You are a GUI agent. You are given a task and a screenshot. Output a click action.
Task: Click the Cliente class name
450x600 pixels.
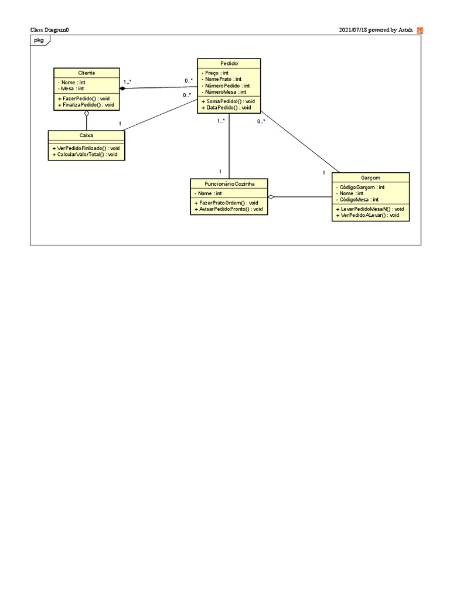[86, 73]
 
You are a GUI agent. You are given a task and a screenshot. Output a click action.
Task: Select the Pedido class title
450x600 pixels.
[229, 63]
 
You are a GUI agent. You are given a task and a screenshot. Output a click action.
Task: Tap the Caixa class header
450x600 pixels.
[86, 135]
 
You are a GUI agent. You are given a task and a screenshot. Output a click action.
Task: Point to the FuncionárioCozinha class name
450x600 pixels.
[229, 183]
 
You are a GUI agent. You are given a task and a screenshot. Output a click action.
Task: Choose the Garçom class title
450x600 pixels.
[370, 178]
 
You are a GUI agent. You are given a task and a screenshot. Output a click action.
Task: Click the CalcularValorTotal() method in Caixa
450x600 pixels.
[87, 155]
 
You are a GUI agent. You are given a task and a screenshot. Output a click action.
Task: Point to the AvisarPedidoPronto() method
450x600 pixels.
[229, 209]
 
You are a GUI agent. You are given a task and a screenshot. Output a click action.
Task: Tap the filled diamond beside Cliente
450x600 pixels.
[123, 88]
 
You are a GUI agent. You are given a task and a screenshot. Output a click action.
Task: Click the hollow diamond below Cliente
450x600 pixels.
[86, 113]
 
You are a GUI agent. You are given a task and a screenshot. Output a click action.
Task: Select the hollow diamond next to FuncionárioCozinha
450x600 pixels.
[271, 197]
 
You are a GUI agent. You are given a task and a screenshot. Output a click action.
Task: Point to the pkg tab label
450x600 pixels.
[39, 40]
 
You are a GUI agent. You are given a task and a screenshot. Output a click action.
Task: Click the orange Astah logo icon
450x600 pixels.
[420, 30]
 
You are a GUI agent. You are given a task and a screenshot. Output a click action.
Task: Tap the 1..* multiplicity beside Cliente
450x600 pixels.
[127, 81]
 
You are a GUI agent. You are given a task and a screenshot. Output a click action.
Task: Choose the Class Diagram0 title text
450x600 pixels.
[49, 30]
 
